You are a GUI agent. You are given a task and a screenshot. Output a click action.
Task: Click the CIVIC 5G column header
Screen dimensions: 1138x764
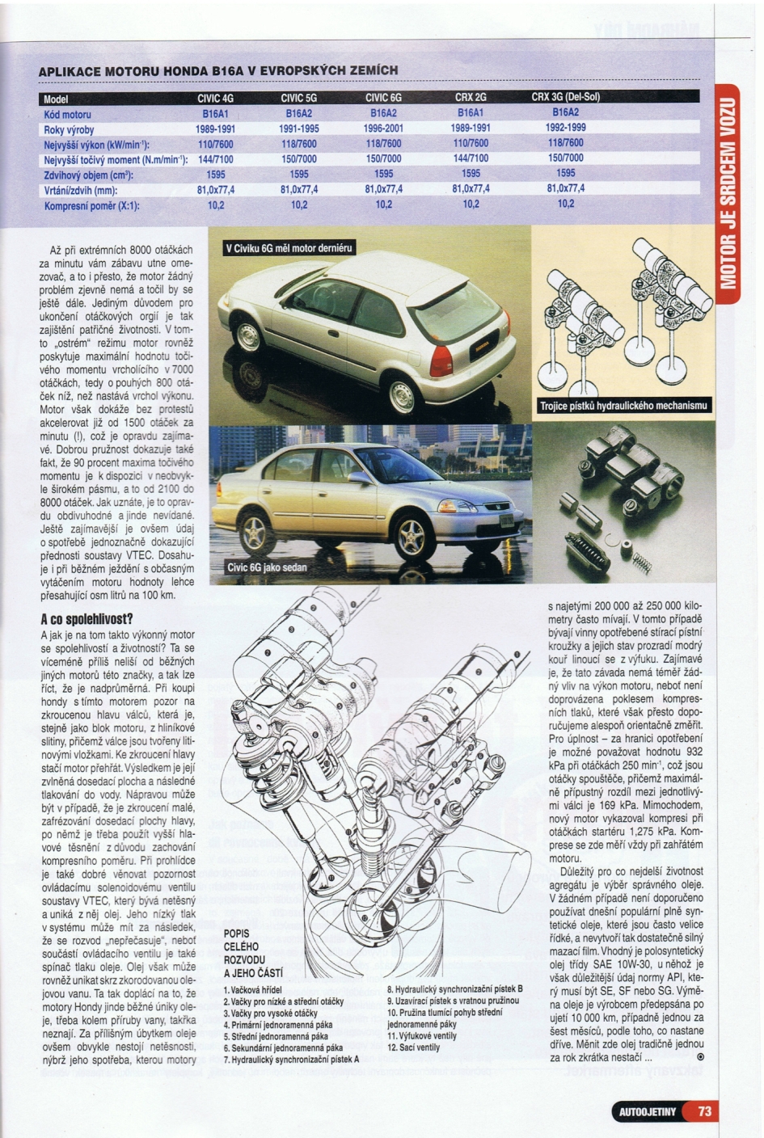click(x=298, y=98)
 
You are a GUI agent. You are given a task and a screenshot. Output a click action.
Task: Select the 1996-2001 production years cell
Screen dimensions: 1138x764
click(x=383, y=129)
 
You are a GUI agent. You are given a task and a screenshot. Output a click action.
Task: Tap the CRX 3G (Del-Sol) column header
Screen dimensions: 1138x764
click(x=565, y=98)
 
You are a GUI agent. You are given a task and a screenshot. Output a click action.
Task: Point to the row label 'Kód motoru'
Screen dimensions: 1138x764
click(x=68, y=115)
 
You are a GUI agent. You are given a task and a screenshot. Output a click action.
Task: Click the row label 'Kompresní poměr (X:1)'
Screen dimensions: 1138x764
click(x=91, y=206)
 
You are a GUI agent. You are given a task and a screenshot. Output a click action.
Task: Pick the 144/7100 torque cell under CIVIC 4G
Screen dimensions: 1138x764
click(x=216, y=159)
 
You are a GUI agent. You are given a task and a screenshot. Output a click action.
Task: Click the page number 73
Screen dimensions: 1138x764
click(x=704, y=1111)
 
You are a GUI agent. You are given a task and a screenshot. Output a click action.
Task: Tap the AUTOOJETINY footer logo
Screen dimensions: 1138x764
click(x=647, y=1112)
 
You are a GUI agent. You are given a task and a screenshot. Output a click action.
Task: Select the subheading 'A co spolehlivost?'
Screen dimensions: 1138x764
click(x=87, y=619)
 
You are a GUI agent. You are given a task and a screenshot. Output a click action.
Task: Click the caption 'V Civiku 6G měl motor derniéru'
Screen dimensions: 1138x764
click(x=289, y=248)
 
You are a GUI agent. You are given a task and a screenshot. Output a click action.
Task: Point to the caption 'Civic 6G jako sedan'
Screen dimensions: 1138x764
click(x=267, y=567)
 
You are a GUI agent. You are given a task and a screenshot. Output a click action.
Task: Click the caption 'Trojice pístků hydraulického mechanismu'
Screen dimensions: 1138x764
click(x=623, y=406)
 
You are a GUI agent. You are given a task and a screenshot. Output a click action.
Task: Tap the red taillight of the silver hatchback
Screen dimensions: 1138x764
click(x=441, y=360)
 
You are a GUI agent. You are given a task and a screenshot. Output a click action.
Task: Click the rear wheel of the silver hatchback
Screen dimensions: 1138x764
click(x=402, y=395)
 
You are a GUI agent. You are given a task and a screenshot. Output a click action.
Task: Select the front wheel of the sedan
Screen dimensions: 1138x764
click(x=412, y=537)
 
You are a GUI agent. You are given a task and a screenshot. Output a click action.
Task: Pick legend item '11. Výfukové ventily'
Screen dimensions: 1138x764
click(x=422, y=1036)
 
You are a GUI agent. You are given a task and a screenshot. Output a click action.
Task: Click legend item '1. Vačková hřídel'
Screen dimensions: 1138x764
click(x=252, y=990)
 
